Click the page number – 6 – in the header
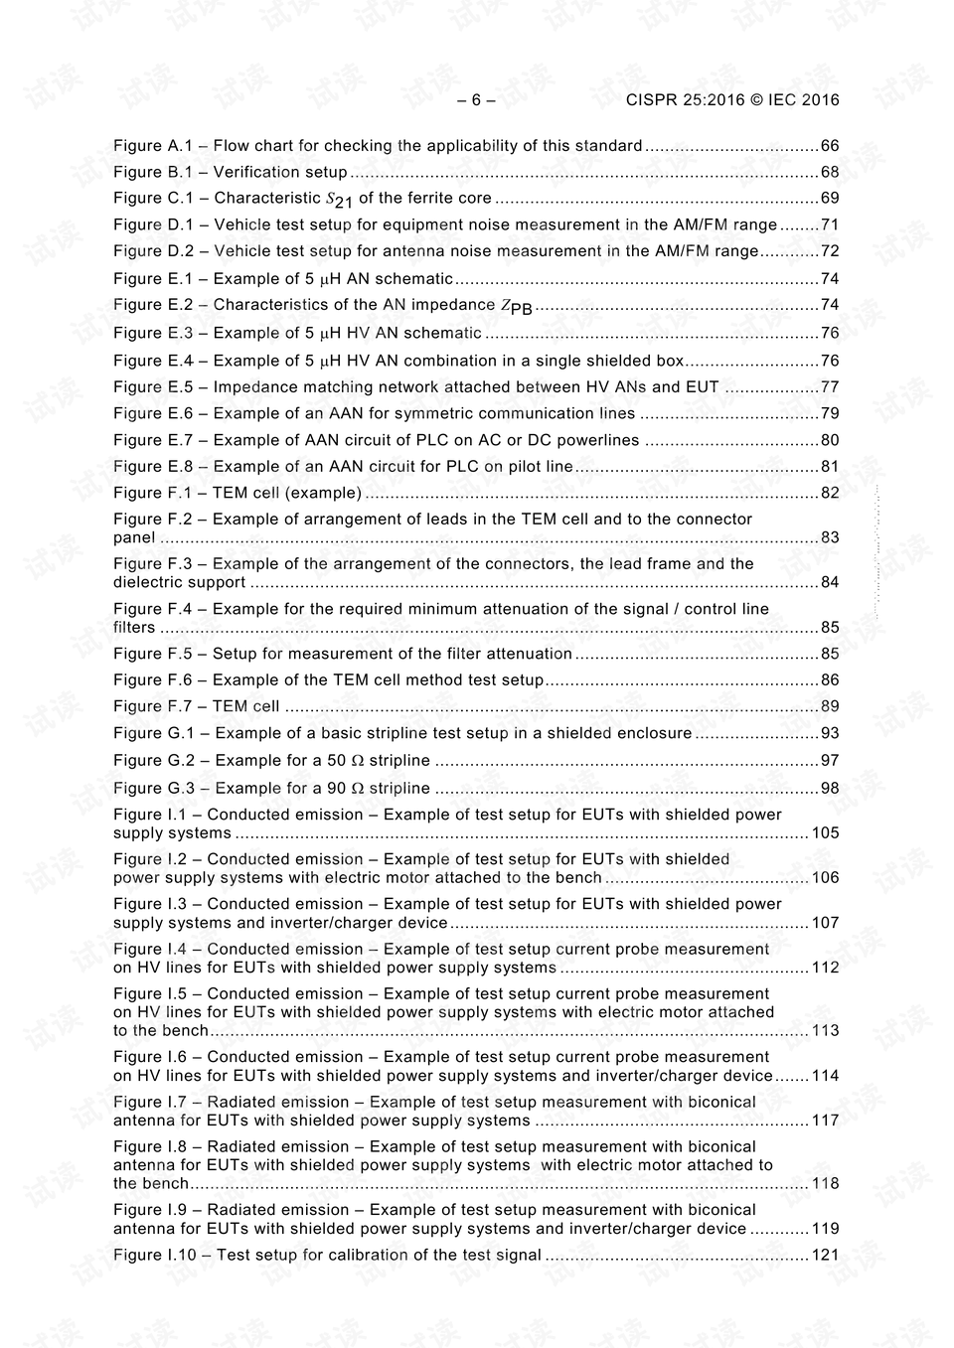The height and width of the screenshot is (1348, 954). pos(476,99)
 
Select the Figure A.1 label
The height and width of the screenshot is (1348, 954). pos(152,146)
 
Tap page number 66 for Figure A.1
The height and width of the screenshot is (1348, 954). pos(829,146)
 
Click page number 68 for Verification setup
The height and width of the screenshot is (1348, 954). pos(829,172)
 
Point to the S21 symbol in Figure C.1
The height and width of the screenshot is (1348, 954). pos(339,199)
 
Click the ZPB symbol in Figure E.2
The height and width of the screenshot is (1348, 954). pos(516,306)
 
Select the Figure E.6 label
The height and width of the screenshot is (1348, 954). pos(152,413)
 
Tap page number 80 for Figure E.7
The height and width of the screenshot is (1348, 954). pos(829,440)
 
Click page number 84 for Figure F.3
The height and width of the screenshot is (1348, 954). pos(829,582)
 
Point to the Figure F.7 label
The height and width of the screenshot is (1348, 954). pos(152,706)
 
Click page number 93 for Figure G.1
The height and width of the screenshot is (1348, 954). pos(829,733)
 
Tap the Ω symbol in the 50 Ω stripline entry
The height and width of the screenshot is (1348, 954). pos(358,761)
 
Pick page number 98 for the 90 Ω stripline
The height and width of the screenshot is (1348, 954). pos(829,788)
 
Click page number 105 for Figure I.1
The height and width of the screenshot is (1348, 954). pos(825,832)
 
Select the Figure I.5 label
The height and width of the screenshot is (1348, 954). pos(150,993)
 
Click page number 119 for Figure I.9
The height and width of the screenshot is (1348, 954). pos(825,1228)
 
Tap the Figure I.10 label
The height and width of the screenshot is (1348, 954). pos(154,1255)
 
